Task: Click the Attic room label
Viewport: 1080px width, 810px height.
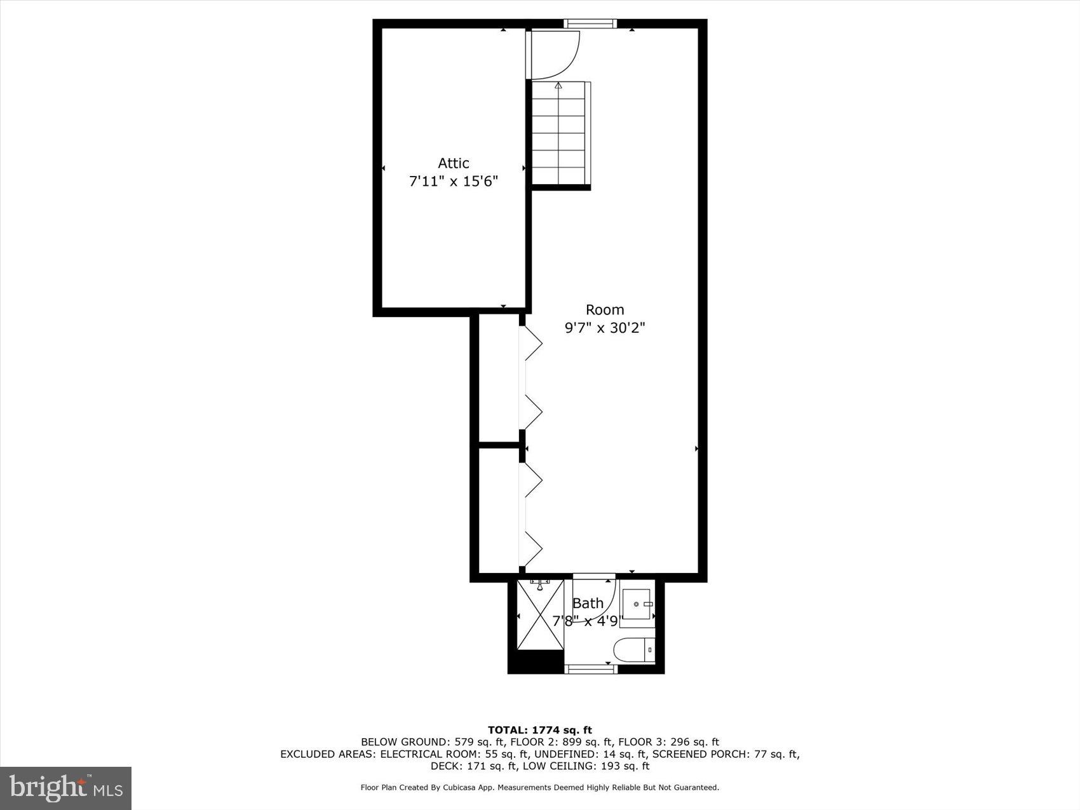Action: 453,163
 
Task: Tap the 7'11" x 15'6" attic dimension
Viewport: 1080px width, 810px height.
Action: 453,182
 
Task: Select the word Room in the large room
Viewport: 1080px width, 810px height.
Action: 604,310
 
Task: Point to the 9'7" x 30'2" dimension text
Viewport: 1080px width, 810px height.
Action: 604,328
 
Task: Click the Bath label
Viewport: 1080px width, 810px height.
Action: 588,604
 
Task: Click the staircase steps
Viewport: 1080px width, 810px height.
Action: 558,137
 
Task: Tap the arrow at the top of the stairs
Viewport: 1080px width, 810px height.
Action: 558,86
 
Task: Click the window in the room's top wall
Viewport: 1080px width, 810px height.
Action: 590,24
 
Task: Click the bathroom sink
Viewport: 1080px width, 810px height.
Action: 637,604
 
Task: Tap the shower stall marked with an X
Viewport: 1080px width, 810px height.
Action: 540,615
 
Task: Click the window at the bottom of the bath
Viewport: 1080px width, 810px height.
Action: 591,668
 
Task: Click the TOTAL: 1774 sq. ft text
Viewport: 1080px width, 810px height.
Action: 539,730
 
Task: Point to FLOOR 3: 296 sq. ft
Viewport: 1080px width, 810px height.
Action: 668,742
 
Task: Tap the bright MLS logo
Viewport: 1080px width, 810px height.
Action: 65,788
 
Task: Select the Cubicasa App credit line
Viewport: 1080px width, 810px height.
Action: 539,788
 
